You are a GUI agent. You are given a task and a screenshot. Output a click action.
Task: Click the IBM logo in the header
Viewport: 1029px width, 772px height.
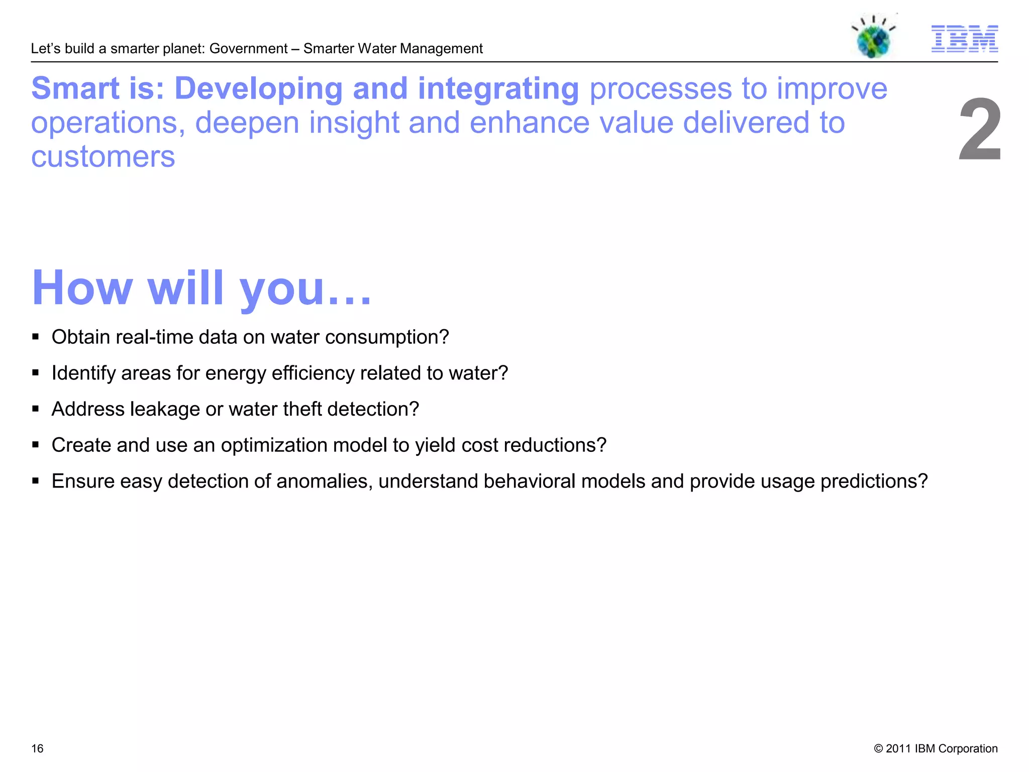(964, 39)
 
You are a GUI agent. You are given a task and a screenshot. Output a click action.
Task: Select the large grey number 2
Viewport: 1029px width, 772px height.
(979, 131)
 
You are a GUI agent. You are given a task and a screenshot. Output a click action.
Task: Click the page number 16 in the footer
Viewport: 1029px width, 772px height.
(37, 748)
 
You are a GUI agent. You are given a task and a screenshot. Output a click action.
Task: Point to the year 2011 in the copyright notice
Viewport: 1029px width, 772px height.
(898, 748)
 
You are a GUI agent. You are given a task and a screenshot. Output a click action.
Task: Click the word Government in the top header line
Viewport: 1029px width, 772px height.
(248, 49)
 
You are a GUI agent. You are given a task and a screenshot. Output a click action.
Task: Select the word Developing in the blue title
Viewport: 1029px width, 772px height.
(258, 89)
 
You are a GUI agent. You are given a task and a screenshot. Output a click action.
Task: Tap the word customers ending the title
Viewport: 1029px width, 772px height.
(103, 157)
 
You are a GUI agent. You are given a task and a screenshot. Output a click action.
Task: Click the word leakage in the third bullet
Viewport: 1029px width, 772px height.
(165, 409)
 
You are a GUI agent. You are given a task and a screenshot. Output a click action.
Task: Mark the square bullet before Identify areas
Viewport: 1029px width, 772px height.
(35, 373)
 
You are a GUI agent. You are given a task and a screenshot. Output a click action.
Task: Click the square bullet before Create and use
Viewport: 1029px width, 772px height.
(35, 445)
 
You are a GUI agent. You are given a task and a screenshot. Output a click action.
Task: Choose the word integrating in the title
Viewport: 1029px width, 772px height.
(498, 89)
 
